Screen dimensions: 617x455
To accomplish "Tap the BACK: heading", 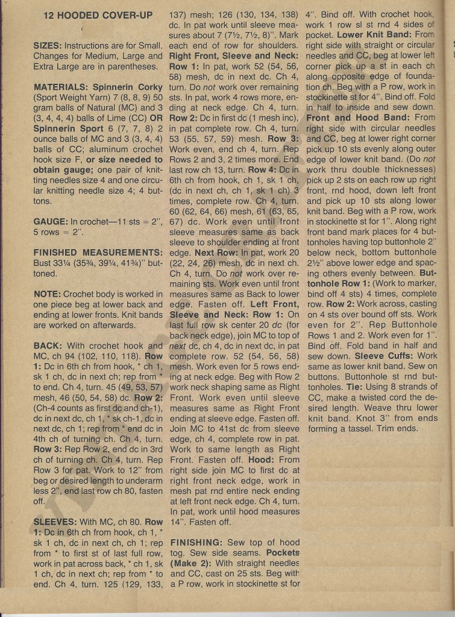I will pos(48,346).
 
